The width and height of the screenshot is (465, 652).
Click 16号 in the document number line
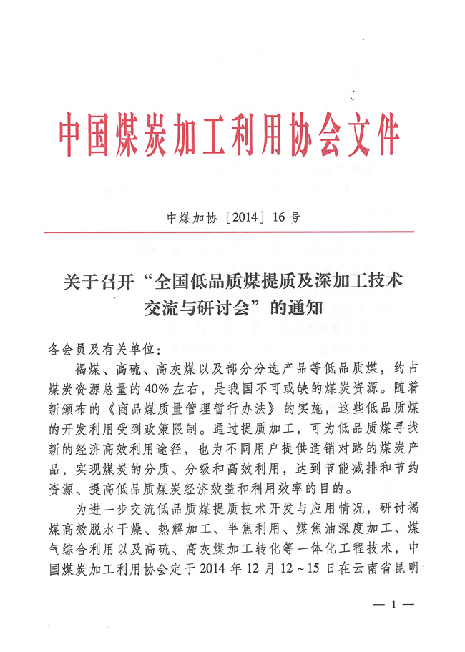(x=286, y=217)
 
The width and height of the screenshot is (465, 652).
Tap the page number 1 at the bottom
(x=394, y=606)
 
